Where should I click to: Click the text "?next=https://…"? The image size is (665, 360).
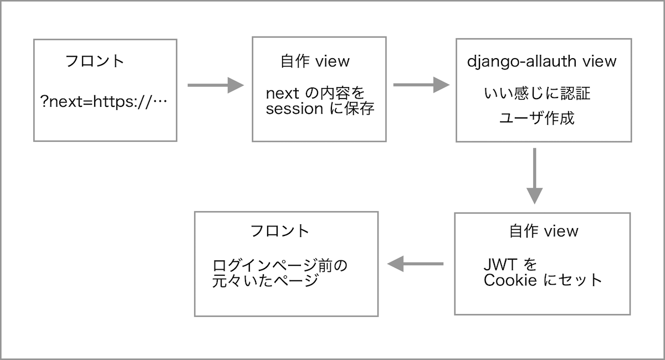pos(104,102)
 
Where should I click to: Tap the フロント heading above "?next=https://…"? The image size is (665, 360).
pos(95,61)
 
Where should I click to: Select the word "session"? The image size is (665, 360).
pos(294,109)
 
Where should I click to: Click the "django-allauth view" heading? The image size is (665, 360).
pos(541,61)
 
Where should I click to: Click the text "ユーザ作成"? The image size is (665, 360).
pos(536,119)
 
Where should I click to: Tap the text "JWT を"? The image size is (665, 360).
pos(510,263)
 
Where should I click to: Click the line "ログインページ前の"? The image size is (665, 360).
pos(280,265)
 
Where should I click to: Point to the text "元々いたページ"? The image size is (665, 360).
pos(265,281)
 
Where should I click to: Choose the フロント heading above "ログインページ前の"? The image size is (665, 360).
pos(279,231)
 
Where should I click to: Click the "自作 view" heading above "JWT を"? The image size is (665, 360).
pos(544,231)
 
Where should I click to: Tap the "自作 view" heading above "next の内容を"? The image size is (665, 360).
pos(315,61)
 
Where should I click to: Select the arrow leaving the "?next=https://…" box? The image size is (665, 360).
pos(216,85)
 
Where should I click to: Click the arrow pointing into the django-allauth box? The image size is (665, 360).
pos(421,85)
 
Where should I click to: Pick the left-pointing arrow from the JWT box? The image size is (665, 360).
pos(416,264)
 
